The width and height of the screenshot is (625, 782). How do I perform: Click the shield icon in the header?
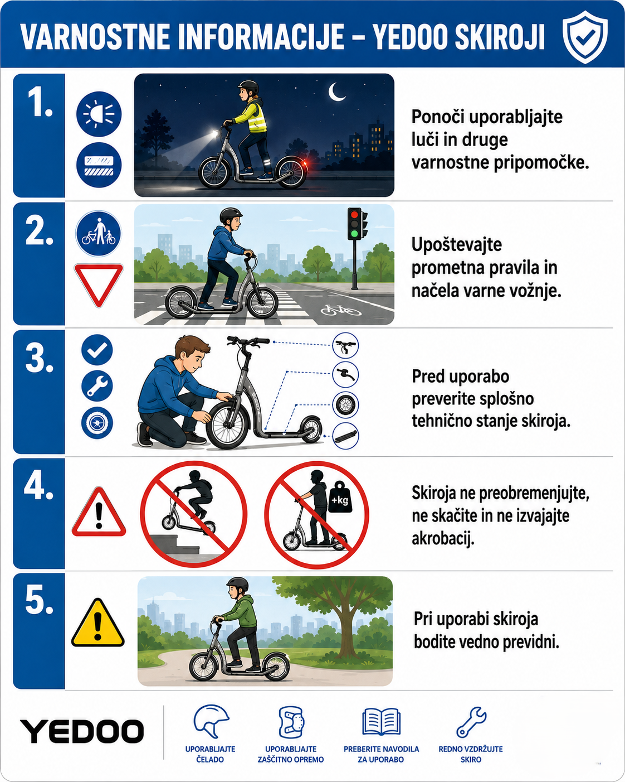click(585, 37)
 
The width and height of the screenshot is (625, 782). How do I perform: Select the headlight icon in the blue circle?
click(99, 114)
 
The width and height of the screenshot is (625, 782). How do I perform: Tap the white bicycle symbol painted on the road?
click(341, 310)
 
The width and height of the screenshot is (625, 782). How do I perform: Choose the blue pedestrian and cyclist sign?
click(99, 233)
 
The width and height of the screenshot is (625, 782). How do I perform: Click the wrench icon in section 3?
click(97, 386)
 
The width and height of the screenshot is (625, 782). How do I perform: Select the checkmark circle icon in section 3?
click(97, 350)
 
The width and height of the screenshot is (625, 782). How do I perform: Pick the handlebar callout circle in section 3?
click(345, 346)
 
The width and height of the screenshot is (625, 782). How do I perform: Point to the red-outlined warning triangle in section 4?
click(99, 512)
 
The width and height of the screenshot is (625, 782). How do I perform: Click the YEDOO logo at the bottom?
click(82, 731)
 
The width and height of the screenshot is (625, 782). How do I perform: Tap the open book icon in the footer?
click(381, 722)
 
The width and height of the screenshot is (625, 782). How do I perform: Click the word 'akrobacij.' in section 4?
click(443, 539)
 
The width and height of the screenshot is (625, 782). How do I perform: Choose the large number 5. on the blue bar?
click(39, 600)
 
